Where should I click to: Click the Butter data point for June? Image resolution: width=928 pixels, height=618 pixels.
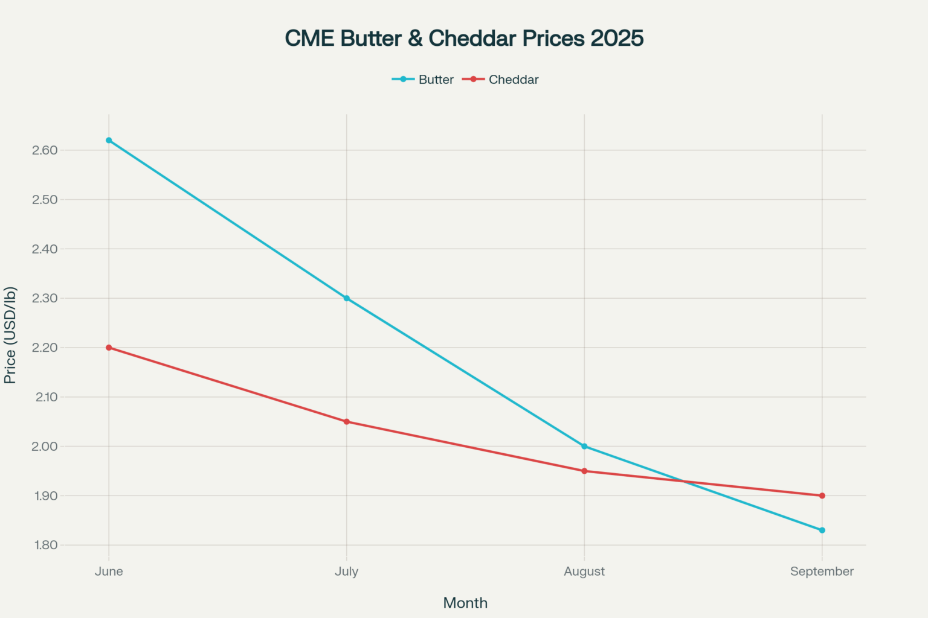click(109, 140)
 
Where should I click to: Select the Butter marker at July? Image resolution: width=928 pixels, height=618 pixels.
click(347, 298)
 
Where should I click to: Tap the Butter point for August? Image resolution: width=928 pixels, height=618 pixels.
click(584, 447)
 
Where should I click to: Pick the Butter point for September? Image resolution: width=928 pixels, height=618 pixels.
click(822, 530)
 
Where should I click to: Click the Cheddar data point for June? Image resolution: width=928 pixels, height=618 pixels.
click(109, 348)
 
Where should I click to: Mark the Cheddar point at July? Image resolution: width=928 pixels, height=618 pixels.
click(347, 422)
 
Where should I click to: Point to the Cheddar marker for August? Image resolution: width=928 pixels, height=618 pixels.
click(584, 471)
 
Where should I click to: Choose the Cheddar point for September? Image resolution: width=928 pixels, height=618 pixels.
click(822, 496)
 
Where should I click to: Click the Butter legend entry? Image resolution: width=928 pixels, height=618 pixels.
click(423, 80)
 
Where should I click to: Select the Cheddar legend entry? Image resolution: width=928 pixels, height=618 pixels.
click(501, 80)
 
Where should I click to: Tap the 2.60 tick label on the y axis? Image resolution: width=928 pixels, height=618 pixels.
click(45, 150)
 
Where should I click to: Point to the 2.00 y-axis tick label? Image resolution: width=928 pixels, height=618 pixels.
click(45, 447)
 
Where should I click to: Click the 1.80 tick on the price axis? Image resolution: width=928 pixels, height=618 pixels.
click(45, 545)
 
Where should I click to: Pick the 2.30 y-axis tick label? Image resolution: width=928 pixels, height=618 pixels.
click(45, 298)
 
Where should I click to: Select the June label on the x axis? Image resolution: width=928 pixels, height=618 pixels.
click(109, 572)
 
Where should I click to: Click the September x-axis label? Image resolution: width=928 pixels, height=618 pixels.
click(822, 572)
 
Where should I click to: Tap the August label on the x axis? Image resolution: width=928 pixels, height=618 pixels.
click(584, 572)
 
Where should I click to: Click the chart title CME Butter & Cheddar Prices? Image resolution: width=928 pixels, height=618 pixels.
click(464, 38)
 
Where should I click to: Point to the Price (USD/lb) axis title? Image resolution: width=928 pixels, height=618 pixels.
click(10, 336)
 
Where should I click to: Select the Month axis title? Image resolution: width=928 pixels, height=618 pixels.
click(465, 603)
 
